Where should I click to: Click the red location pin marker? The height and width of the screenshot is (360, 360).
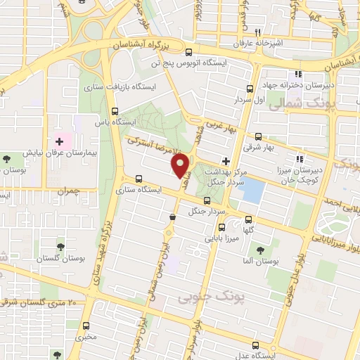coord(181,166)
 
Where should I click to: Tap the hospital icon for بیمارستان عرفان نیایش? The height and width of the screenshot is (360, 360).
coord(59,142)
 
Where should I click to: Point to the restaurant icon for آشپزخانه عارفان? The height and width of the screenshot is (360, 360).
coord(258,32)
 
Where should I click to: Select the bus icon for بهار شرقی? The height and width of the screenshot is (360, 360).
coord(259,137)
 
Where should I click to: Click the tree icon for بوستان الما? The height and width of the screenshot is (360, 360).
coord(261,250)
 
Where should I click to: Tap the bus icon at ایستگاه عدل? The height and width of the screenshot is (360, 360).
coord(256,346)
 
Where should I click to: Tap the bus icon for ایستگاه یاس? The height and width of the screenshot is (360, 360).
coord(115,111)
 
